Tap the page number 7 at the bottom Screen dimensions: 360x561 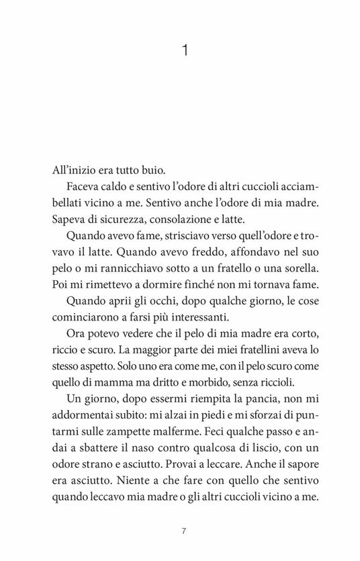(183, 512)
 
